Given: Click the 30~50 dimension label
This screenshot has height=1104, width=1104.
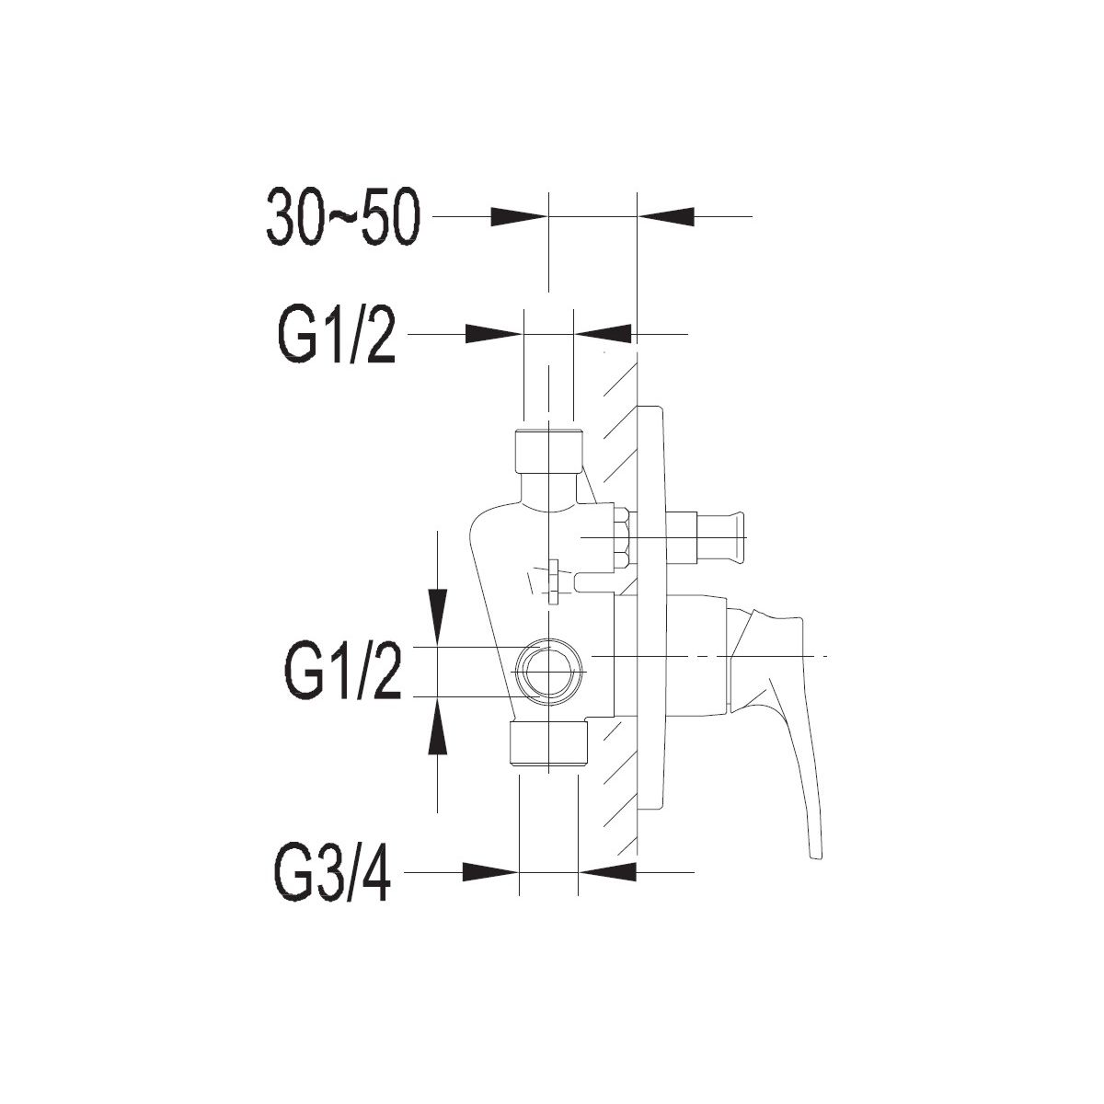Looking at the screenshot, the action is [344, 218].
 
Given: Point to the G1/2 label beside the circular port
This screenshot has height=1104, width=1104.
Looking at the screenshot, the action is [342, 672].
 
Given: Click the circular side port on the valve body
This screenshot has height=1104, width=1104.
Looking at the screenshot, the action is [550, 672].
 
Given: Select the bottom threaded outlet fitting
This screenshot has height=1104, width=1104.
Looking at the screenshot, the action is [549, 743].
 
